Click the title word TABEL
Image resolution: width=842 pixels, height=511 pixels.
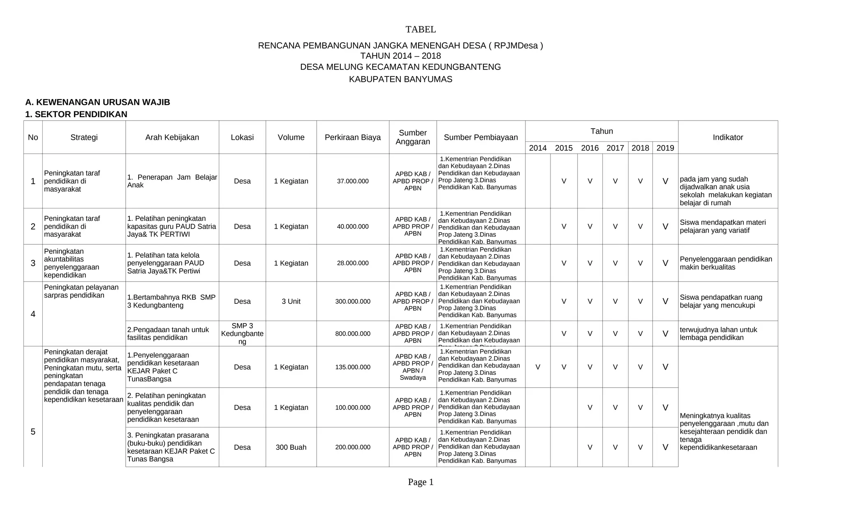[x=421, y=30]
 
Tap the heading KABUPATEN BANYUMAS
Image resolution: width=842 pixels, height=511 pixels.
[x=400, y=79]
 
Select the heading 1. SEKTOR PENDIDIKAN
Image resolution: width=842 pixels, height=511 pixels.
[x=76, y=114]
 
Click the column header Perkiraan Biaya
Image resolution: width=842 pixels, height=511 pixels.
[x=353, y=137]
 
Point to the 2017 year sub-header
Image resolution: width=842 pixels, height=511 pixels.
[x=615, y=148]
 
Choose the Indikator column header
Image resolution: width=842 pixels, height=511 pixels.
[x=728, y=137]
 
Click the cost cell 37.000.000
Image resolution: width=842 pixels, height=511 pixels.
[x=353, y=181]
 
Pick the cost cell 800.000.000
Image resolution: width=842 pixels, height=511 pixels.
[x=353, y=334]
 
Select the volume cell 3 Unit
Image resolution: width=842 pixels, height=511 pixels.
[x=291, y=301]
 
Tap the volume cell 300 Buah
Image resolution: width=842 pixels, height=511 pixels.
[x=291, y=447]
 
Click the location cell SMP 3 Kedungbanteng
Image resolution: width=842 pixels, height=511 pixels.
[x=242, y=333]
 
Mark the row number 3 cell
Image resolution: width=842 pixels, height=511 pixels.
[x=33, y=263]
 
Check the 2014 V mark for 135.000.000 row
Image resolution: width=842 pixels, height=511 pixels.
[x=538, y=367]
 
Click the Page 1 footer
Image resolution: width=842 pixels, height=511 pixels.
[x=421, y=482]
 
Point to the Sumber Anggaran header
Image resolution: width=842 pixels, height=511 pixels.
[x=413, y=137]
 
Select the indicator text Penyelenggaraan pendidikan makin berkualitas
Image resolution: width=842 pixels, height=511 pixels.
[x=726, y=263]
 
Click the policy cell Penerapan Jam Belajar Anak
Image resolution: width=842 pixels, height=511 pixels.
[x=172, y=181]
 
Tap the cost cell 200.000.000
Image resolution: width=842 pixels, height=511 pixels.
[x=353, y=447]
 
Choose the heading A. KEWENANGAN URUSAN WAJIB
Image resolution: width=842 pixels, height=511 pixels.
[x=97, y=102]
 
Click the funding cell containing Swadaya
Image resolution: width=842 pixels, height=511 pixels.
[x=413, y=367]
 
